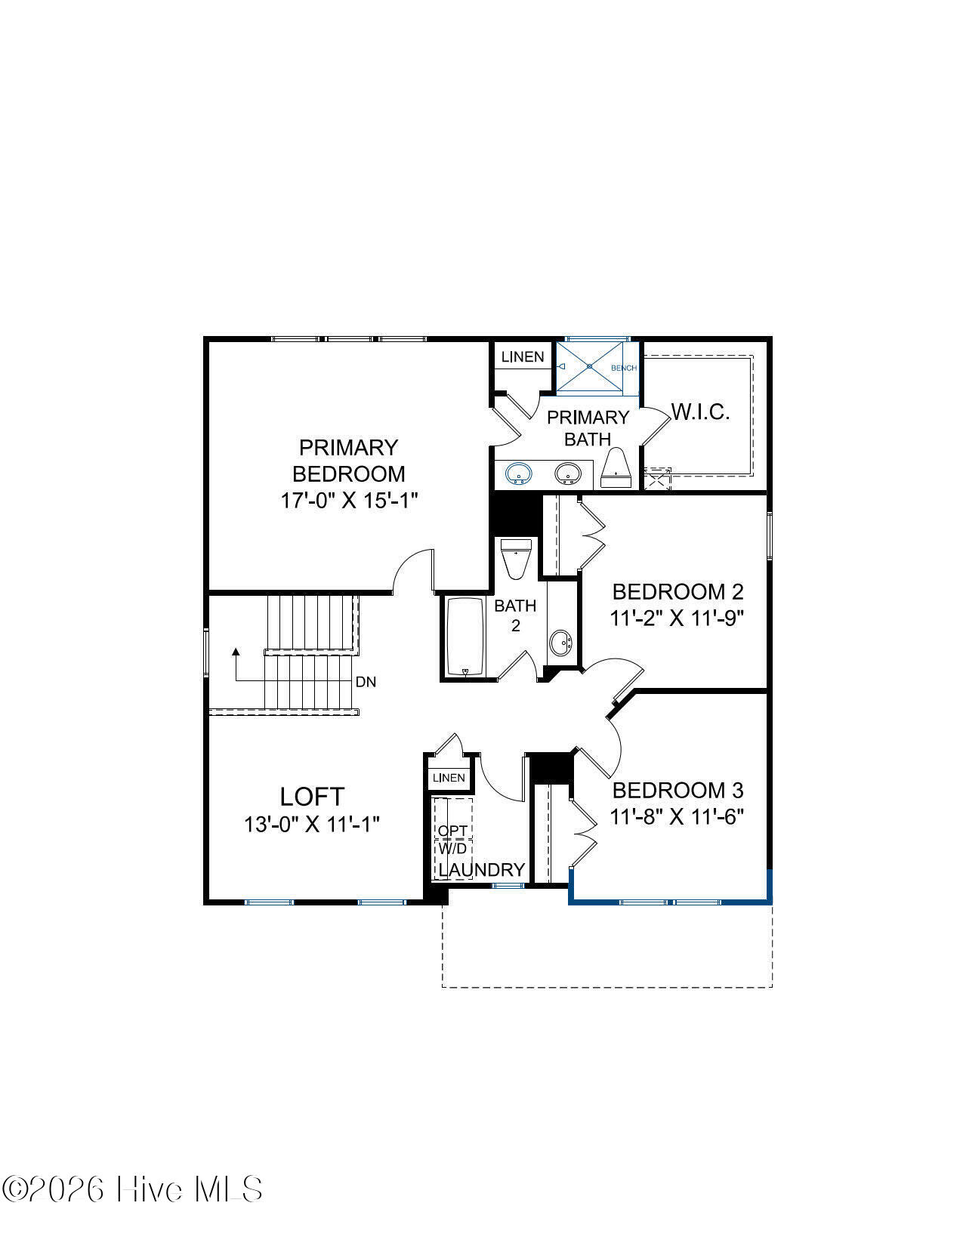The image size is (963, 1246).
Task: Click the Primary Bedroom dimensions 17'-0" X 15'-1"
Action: (x=348, y=501)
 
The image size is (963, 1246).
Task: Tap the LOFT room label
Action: (x=312, y=797)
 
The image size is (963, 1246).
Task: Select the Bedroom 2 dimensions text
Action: (x=677, y=618)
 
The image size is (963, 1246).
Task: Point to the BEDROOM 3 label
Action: (x=678, y=790)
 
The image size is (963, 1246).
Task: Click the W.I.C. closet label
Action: (x=700, y=412)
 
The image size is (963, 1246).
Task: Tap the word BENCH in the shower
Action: (x=623, y=368)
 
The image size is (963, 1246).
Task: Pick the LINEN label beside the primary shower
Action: (x=523, y=356)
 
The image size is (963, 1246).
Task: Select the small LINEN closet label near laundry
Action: (x=449, y=778)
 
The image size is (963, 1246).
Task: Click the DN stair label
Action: (x=366, y=682)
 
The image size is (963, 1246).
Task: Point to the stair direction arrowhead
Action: (x=235, y=652)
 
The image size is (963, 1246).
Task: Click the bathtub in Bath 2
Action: (x=465, y=637)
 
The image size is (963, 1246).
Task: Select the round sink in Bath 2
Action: (x=560, y=643)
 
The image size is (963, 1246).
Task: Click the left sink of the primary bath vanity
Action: (x=519, y=473)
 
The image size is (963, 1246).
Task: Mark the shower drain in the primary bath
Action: (x=590, y=365)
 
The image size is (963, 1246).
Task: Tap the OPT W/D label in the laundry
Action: (x=452, y=839)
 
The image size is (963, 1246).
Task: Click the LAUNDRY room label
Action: (x=482, y=870)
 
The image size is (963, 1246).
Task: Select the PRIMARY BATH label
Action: (x=588, y=428)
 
